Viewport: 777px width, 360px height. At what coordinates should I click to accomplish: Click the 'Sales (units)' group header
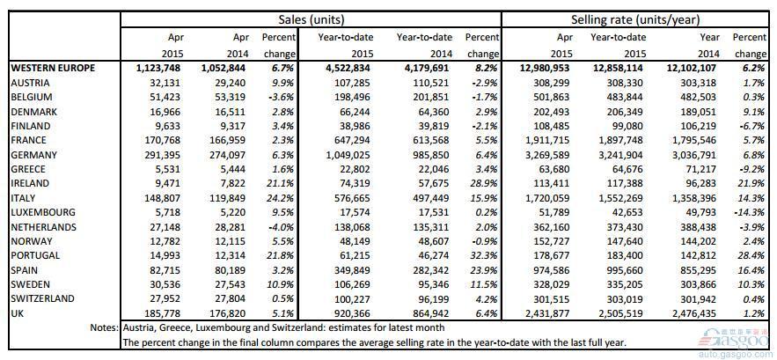pos(312,20)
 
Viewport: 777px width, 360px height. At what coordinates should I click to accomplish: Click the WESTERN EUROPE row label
pos(53,69)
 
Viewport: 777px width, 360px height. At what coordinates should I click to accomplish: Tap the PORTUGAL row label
pos(35,256)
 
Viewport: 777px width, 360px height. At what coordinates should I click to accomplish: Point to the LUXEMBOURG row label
pos(43,213)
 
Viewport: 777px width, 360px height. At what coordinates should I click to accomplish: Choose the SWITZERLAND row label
pos(42,298)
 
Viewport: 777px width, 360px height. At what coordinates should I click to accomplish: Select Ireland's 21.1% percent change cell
pos(283,183)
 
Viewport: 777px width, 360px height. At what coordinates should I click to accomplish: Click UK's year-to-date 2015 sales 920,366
pos(356,312)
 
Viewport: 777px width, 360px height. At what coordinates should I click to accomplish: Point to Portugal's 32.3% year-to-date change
pos(487,256)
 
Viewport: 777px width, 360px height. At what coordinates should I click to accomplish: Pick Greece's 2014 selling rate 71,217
pos(706,169)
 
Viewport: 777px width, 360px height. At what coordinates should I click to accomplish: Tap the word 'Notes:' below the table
pos(105,327)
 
